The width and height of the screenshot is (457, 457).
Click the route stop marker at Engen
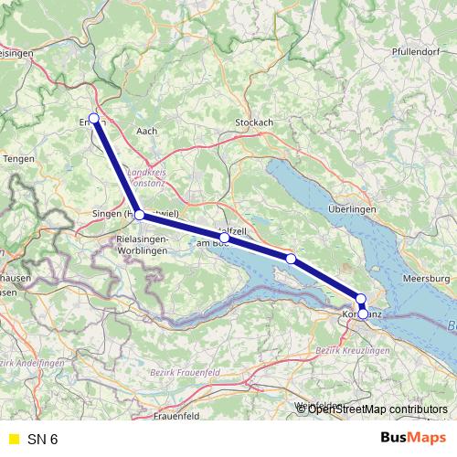click(x=94, y=118)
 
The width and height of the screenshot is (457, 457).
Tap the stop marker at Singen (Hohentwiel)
click(x=139, y=215)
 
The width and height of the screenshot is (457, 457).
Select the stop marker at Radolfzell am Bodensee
click(x=224, y=238)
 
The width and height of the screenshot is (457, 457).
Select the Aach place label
click(x=146, y=131)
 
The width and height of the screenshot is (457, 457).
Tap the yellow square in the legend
click(x=13, y=439)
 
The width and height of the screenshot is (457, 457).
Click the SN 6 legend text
click(x=42, y=439)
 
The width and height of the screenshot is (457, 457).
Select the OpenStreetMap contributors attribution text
click(x=377, y=409)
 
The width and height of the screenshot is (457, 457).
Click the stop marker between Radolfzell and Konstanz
click(x=291, y=259)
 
